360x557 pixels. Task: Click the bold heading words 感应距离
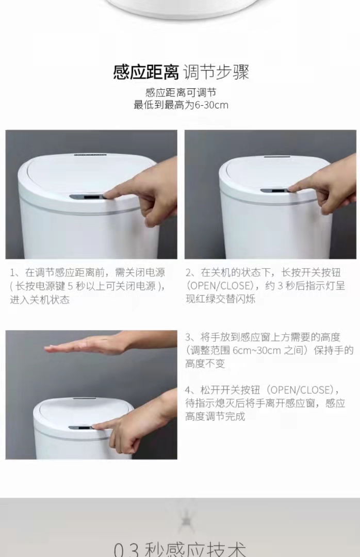pyautogui.click(x=146, y=73)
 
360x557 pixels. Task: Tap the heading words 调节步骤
pyautogui.click(x=216, y=73)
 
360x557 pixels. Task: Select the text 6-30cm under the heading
pyautogui.click(x=211, y=106)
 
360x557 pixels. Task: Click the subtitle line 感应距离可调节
pyautogui.click(x=181, y=93)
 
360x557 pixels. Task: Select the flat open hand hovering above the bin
pyautogui.click(x=110, y=343)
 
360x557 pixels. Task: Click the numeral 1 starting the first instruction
pyautogui.click(x=12, y=273)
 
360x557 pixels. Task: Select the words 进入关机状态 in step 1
pyautogui.click(x=39, y=300)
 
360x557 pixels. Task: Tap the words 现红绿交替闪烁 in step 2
pyautogui.click(x=220, y=299)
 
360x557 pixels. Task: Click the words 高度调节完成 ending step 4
pyautogui.click(x=216, y=416)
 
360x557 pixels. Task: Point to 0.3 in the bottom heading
pyautogui.click(x=127, y=549)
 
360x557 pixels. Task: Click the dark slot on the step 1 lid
pyautogui.click(x=91, y=155)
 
